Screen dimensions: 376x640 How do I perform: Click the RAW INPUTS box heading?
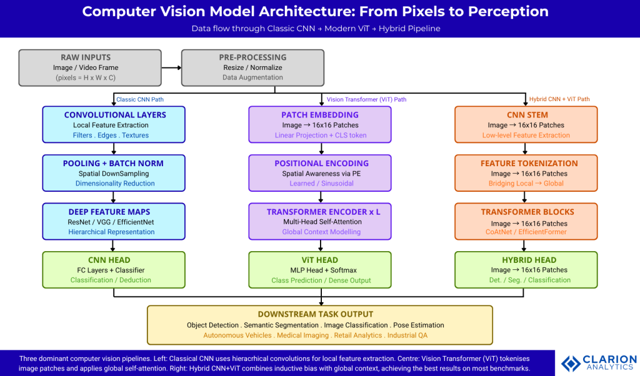[x=85, y=57]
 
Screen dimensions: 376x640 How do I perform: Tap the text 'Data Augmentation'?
[x=252, y=77]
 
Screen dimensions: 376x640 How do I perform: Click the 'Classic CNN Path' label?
[x=140, y=99]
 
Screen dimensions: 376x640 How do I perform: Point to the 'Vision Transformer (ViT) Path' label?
[x=366, y=99]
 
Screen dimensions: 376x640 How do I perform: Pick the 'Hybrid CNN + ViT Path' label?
[x=559, y=99]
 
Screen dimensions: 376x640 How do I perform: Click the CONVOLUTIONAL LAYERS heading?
[x=115, y=115]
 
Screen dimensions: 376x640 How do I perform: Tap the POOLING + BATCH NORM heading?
[x=113, y=163]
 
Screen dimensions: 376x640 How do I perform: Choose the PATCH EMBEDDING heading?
[x=320, y=115]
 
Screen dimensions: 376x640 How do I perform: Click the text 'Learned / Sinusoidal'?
[x=320, y=184]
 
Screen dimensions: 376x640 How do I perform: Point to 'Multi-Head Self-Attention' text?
[x=320, y=222]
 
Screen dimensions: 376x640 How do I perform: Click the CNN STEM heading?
[x=526, y=115]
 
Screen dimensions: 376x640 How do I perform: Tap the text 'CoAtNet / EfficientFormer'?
[x=526, y=232]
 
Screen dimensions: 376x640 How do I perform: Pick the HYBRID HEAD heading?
[x=526, y=260]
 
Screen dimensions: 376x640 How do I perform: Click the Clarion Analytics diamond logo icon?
[x=570, y=364]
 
